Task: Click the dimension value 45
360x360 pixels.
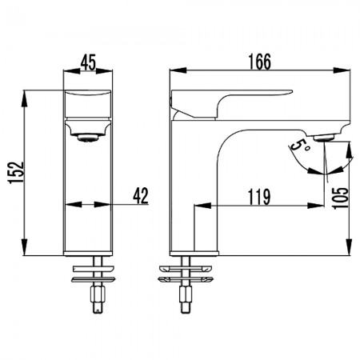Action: (88, 62)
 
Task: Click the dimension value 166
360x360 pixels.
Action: (259, 62)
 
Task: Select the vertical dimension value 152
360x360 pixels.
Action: (17, 173)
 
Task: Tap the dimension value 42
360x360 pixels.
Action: (141, 195)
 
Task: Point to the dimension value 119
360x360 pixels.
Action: (259, 197)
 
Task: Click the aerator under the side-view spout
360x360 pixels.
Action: (324, 138)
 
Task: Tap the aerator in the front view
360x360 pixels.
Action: (88, 138)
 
